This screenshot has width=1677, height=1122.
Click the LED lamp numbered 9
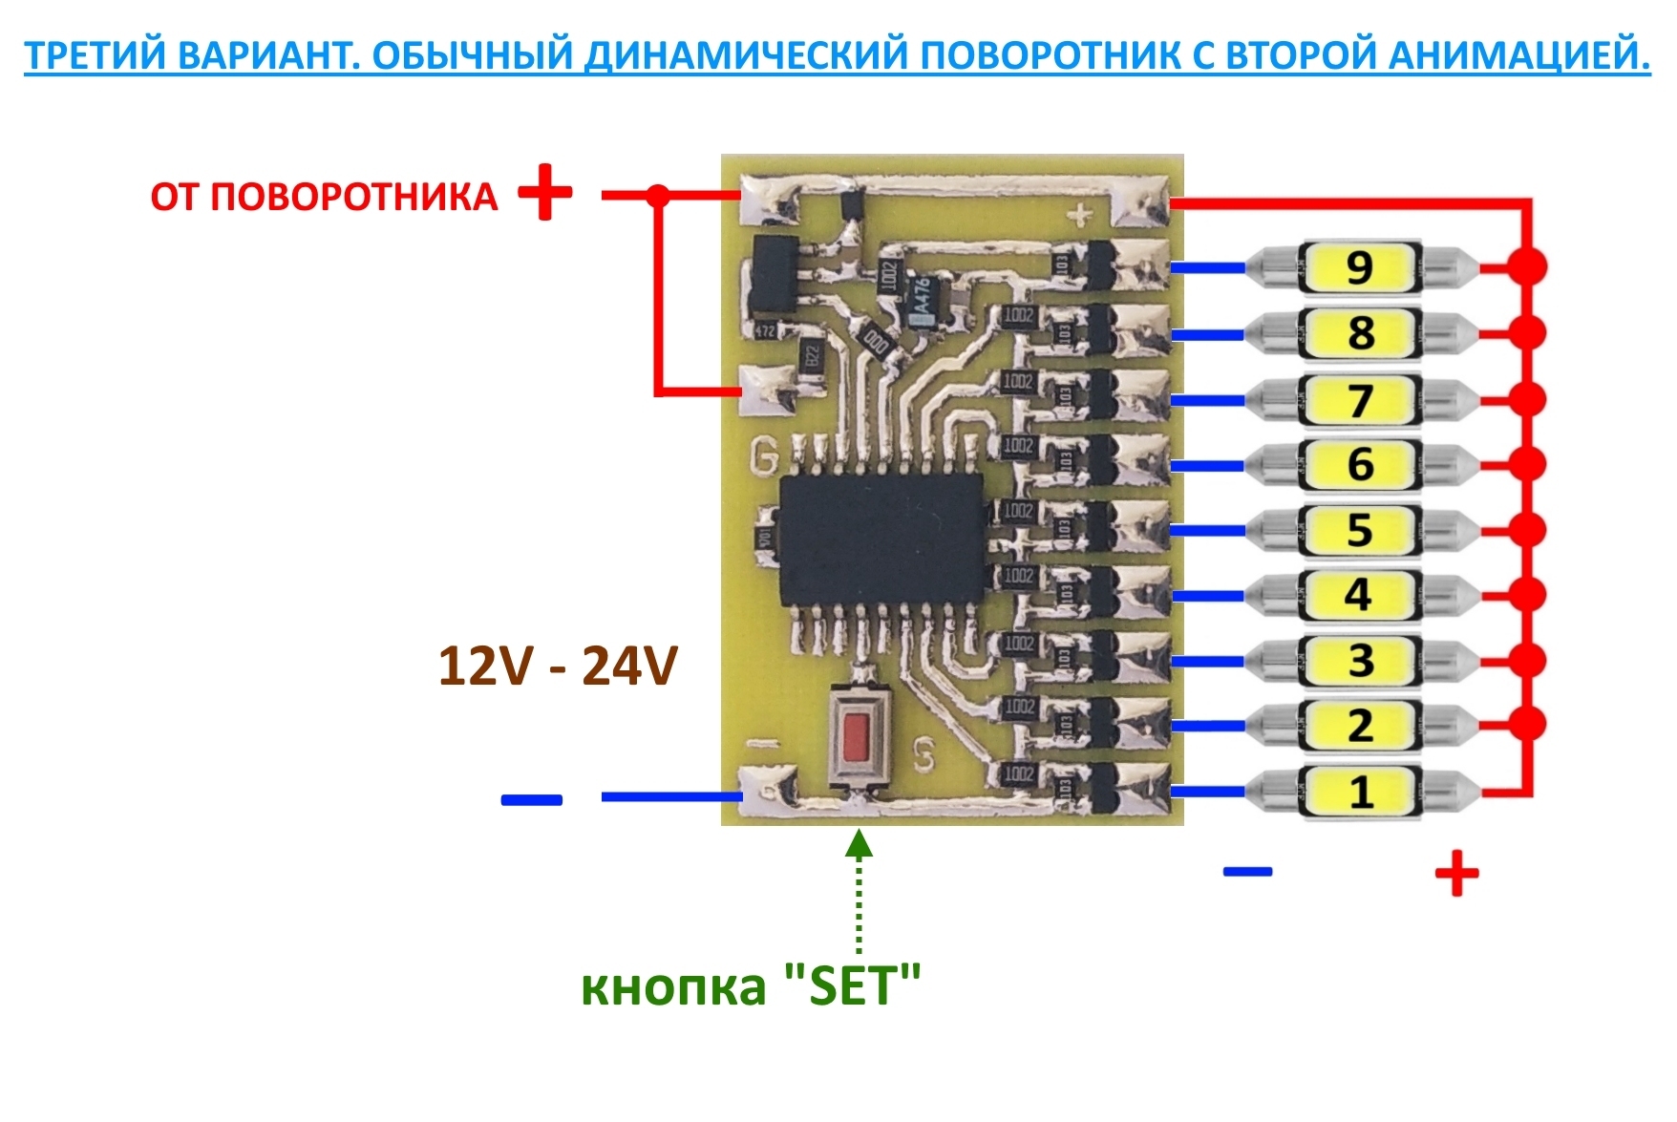coord(1360,267)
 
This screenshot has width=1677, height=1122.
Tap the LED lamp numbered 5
coord(1360,530)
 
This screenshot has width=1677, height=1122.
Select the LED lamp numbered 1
coord(1360,792)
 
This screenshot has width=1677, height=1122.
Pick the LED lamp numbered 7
coord(1360,399)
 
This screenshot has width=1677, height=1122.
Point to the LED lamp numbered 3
coord(1360,661)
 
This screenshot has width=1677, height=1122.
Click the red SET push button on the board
coord(857,735)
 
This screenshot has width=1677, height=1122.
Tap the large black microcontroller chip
coord(881,539)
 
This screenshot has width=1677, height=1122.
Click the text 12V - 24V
coord(558,666)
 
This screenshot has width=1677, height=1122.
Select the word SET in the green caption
coord(851,986)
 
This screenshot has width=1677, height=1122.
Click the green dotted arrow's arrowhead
coord(860,843)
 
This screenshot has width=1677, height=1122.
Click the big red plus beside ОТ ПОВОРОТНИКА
coord(545,193)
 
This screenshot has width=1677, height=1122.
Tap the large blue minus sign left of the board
coord(532,799)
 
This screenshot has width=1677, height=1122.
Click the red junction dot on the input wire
coord(658,196)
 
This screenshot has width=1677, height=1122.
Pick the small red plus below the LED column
coord(1456,873)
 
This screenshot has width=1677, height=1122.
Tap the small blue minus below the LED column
coord(1247,871)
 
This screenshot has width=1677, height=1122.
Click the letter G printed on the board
coord(764,458)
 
